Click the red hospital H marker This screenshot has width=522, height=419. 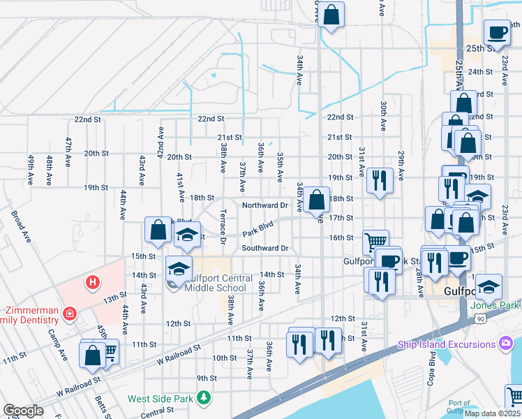(x=91, y=282)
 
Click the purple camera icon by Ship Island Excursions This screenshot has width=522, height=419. (x=505, y=344)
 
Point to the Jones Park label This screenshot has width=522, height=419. (x=495, y=305)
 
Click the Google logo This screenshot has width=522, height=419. (x=23, y=411)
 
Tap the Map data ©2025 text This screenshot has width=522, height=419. (x=492, y=413)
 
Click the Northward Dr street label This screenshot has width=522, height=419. (x=265, y=205)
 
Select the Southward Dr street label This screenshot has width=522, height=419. (x=265, y=248)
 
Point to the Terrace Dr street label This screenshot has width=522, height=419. (x=223, y=226)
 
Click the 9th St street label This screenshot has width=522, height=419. (x=207, y=378)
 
